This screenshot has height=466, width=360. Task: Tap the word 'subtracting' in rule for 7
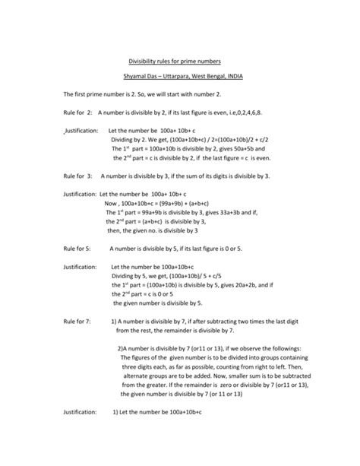point(223,322)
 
